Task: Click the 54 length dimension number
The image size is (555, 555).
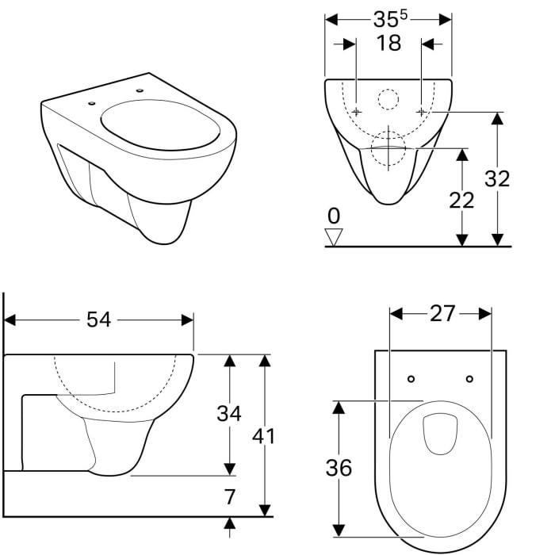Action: [x=98, y=320]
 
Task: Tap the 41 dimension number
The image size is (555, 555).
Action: [x=265, y=435]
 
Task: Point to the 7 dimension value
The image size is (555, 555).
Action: [x=230, y=497]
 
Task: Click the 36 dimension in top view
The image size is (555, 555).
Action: [x=339, y=468]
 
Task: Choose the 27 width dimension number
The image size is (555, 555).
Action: [x=442, y=314]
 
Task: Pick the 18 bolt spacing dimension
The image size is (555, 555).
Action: [x=388, y=44]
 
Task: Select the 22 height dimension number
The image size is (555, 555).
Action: [x=461, y=201]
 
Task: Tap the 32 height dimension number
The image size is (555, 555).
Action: [x=497, y=179]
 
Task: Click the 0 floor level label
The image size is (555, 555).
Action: [x=334, y=216]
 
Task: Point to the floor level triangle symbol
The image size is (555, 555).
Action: [x=335, y=236]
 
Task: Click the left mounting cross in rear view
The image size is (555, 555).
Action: [x=357, y=112]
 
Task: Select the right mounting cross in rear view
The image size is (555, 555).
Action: [x=421, y=112]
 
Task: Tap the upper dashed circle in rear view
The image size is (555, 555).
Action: [x=388, y=99]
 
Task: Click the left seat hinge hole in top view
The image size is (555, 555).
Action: [x=411, y=379]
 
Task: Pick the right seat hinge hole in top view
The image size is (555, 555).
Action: [x=469, y=379]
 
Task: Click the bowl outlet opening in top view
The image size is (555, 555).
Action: [x=441, y=434]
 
